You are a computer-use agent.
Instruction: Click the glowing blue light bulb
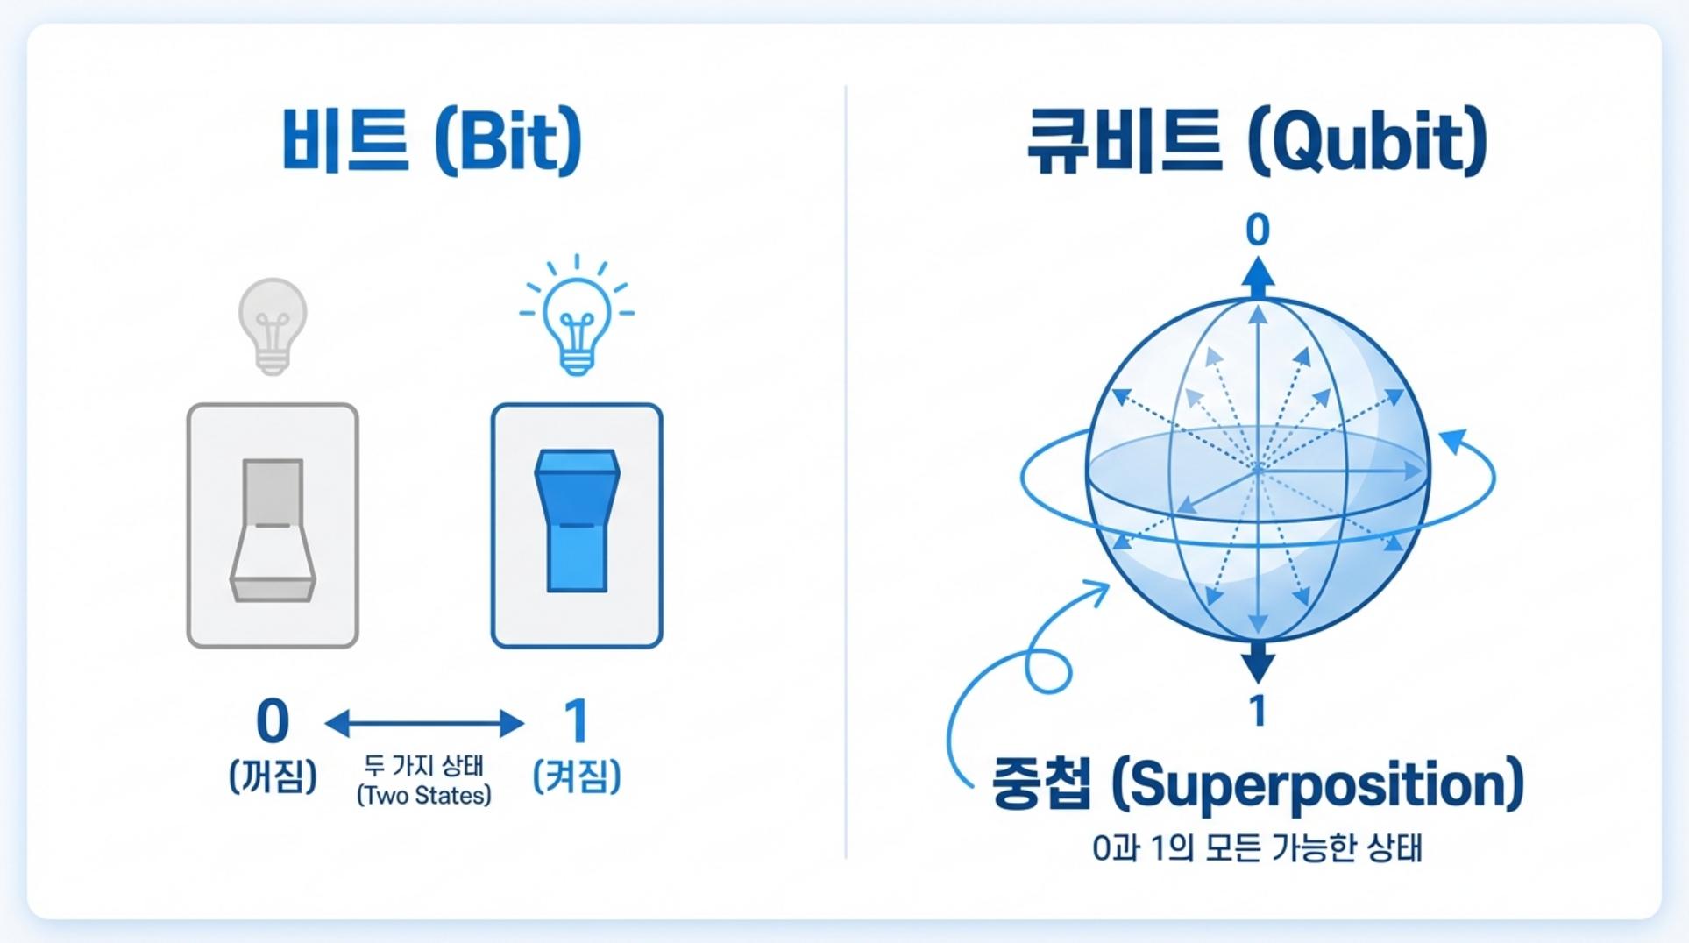(577, 316)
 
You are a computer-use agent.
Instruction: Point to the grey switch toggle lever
(273, 530)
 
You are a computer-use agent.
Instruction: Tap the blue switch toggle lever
(577, 521)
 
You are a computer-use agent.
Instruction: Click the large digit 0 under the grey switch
(273, 722)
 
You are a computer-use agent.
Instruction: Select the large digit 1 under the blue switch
(576, 722)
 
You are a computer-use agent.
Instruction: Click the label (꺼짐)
(273, 776)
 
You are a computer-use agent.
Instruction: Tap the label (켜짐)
(577, 776)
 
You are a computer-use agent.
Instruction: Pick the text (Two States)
(424, 796)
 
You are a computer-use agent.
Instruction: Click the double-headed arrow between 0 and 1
(424, 724)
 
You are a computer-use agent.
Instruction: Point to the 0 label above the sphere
(1258, 230)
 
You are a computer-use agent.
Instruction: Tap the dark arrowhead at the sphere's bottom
(1258, 663)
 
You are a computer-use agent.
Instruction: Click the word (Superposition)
(1317, 785)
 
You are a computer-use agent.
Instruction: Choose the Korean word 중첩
(1042, 783)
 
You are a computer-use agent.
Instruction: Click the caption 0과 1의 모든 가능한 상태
(1257, 848)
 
